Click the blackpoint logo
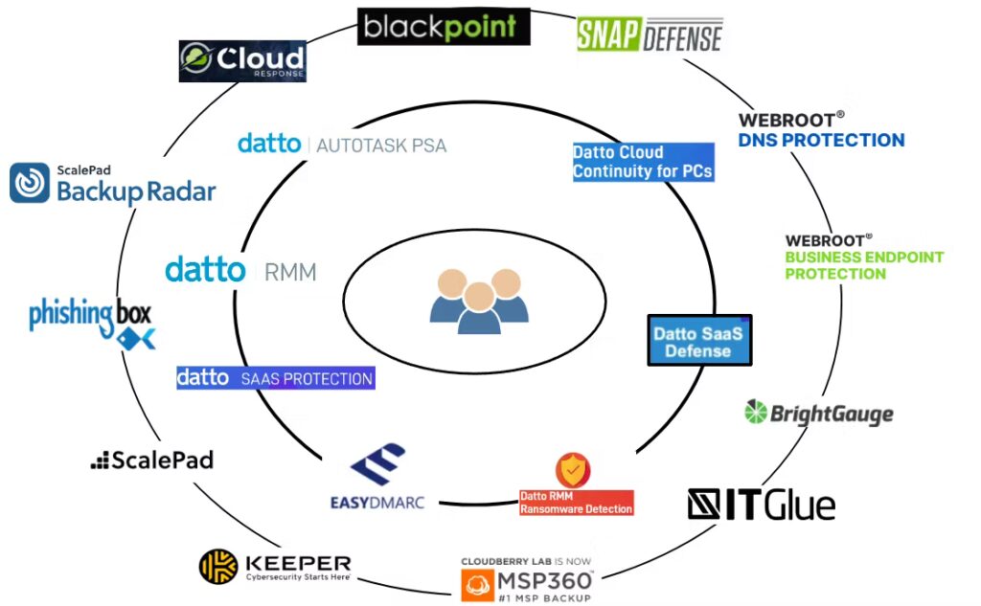click(444, 27)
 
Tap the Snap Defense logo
click(649, 34)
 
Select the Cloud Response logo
click(242, 60)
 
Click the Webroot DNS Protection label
click(821, 130)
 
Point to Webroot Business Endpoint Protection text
click(864, 257)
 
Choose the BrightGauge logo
click(819, 413)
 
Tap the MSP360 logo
click(528, 580)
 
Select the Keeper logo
click(275, 567)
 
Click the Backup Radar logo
click(112, 184)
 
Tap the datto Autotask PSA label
click(342, 145)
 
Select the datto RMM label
click(240, 270)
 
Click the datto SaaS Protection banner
click(276, 378)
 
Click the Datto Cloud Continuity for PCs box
click(643, 162)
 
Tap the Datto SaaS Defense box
click(699, 341)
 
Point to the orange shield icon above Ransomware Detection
click(573, 469)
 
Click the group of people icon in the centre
click(478, 300)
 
